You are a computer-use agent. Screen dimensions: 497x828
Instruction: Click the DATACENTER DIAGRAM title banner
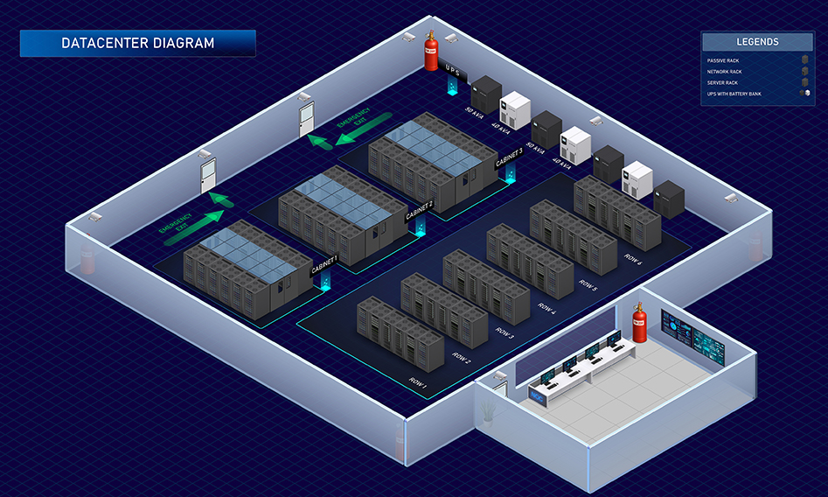point(137,43)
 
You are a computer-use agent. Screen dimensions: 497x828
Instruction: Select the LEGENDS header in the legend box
point(757,41)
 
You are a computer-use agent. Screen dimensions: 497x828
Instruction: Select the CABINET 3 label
point(509,157)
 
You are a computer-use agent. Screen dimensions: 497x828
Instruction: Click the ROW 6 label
point(632,258)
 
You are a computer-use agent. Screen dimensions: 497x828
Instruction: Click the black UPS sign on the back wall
point(453,68)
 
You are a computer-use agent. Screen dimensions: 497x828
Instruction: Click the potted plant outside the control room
point(488,409)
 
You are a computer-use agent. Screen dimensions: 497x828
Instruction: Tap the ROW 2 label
point(462,356)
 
